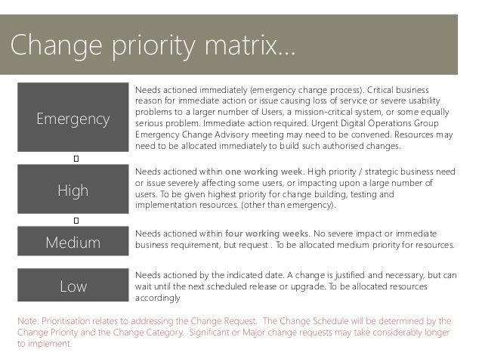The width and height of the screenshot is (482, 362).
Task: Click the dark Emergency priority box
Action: [73, 119]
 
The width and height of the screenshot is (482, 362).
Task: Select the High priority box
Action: [73, 190]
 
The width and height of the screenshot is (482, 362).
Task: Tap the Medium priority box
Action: [73, 243]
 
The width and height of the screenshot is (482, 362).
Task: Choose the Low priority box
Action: [73, 286]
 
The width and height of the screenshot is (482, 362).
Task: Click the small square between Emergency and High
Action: [77, 159]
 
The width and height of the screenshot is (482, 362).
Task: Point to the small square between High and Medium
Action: [77, 220]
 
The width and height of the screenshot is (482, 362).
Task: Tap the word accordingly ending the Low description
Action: [157, 299]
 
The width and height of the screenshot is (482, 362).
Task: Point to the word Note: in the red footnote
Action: [29, 319]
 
